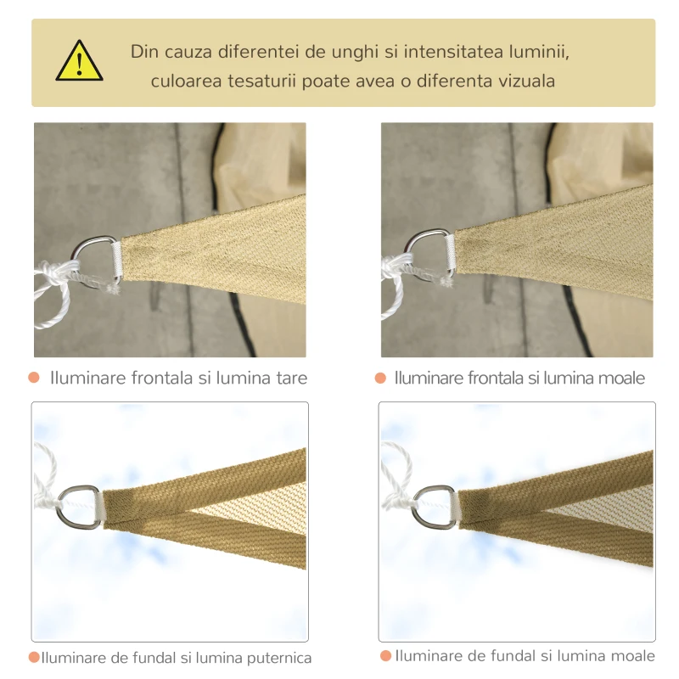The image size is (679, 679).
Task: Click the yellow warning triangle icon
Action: click(x=79, y=62)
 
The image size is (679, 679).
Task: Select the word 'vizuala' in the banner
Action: click(x=526, y=81)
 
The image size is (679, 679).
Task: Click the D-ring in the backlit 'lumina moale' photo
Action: click(x=435, y=506)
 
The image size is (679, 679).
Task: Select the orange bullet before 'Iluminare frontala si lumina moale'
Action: click(x=381, y=378)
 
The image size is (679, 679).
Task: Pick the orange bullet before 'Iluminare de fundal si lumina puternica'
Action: click(x=34, y=657)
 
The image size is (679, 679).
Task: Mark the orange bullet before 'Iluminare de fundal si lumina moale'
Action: click(x=385, y=656)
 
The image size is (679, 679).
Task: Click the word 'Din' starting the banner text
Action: click(x=145, y=52)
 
